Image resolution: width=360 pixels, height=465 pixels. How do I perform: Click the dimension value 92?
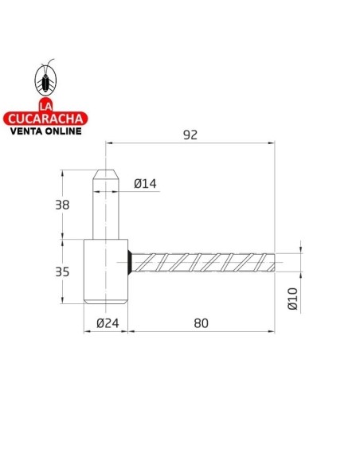(x=190, y=135)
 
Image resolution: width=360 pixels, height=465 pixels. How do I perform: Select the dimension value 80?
(x=201, y=322)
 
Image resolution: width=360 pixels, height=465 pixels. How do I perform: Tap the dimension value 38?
(x=62, y=205)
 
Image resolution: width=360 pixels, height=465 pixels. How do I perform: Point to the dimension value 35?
(x=62, y=272)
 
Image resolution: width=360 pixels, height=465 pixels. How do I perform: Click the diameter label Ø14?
(x=145, y=184)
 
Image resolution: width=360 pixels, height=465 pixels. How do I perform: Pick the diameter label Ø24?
(x=108, y=322)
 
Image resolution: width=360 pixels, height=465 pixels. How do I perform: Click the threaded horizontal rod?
(x=203, y=262)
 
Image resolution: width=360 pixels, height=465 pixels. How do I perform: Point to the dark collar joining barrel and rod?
(x=129, y=262)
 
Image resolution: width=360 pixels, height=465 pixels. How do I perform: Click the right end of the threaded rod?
(x=274, y=262)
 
